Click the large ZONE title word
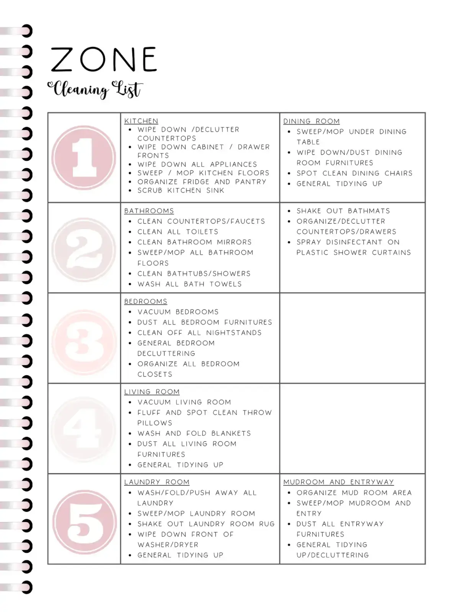pos(103,60)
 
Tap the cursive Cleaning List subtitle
pos(95,89)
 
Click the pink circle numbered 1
pos(84,158)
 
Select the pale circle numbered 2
pos(84,248)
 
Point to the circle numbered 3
pos(84,339)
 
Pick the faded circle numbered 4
pos(84,429)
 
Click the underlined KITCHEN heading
pos(141,121)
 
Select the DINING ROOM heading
pos(311,121)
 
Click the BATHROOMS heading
pos(149,211)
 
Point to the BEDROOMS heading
pos(145,301)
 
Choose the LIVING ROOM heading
pos(152,392)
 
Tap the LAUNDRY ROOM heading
pos(157,482)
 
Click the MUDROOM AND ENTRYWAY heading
pos(338,482)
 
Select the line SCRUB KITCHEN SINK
pos(181,190)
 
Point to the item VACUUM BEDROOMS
pos(178,312)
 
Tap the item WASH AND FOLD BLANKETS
pos(194,433)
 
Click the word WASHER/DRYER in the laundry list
pos(168,545)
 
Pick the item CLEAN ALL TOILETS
pos(178,232)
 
